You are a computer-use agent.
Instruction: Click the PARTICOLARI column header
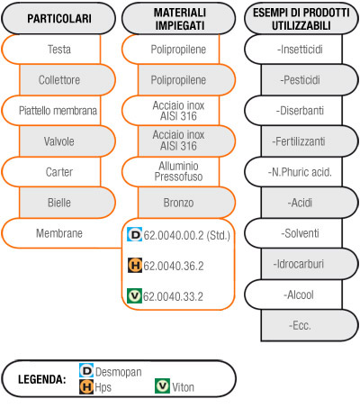click(x=58, y=18)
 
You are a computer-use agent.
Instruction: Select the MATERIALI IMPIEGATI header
click(x=179, y=18)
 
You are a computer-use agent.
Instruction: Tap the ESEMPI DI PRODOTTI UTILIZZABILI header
click(x=301, y=18)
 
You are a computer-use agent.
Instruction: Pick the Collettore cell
click(x=67, y=80)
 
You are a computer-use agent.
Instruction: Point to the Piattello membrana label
click(x=58, y=111)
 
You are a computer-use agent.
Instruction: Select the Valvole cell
click(x=67, y=141)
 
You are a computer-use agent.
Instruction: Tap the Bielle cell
click(x=67, y=203)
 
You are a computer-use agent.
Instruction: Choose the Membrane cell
click(x=59, y=233)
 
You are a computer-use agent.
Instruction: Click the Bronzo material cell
click(x=186, y=203)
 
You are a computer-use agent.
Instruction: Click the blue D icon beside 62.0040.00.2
click(x=134, y=234)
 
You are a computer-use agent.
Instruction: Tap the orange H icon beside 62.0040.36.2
click(x=135, y=265)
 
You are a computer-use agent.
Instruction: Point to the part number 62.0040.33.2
click(x=173, y=296)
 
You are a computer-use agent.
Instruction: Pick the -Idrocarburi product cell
click(x=310, y=264)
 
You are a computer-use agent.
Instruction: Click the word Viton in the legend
click(x=183, y=387)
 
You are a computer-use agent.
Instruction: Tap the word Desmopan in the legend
click(x=119, y=372)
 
